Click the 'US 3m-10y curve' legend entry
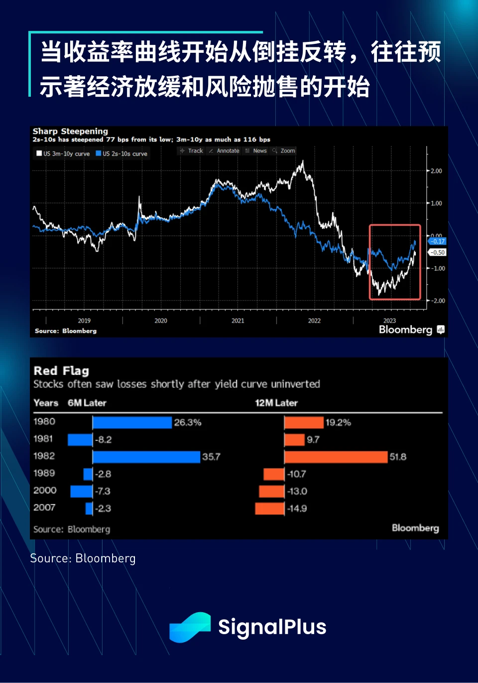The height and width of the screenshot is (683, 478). click(x=63, y=154)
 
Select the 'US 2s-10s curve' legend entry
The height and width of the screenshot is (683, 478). click(x=121, y=154)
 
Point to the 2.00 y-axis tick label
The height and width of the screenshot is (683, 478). click(x=436, y=171)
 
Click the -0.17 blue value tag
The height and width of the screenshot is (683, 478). click(x=437, y=241)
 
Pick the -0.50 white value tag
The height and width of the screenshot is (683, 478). click(x=438, y=252)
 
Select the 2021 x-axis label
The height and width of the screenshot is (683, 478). click(x=238, y=321)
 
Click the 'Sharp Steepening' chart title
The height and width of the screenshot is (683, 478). click(x=70, y=131)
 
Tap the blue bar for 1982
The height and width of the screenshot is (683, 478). click(x=146, y=457)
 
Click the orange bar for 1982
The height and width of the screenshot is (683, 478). click(x=336, y=457)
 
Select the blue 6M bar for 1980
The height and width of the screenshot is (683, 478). click(x=132, y=422)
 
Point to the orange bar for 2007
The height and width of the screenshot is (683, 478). click(x=269, y=509)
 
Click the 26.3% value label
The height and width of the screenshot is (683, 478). click(x=188, y=422)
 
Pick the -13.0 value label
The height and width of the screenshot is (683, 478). click(x=297, y=491)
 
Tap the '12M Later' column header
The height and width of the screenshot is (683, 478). click(x=276, y=403)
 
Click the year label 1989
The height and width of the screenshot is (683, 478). click(x=44, y=473)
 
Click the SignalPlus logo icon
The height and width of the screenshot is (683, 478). click(x=190, y=627)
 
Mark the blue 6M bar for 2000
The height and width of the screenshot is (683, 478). click(x=81, y=491)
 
